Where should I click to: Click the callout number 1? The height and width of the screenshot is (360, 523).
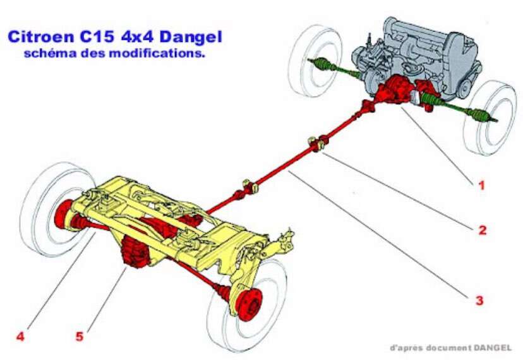[x=481, y=185]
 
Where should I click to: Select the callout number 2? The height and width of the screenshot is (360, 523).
[x=483, y=230]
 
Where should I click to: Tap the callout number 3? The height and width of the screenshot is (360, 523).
[x=479, y=300]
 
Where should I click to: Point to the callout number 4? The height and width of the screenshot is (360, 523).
[x=20, y=336]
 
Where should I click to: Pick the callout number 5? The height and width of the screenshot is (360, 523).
[x=79, y=336]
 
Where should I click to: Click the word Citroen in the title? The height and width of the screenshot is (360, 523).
[x=40, y=37]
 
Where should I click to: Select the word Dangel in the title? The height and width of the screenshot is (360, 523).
[x=191, y=37]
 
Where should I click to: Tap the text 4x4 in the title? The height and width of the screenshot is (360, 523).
[x=138, y=37]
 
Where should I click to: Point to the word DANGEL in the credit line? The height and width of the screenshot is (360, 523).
[x=492, y=347]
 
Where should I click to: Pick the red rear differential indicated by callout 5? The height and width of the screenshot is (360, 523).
[x=136, y=253]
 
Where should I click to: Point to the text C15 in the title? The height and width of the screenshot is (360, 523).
[x=97, y=37]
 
